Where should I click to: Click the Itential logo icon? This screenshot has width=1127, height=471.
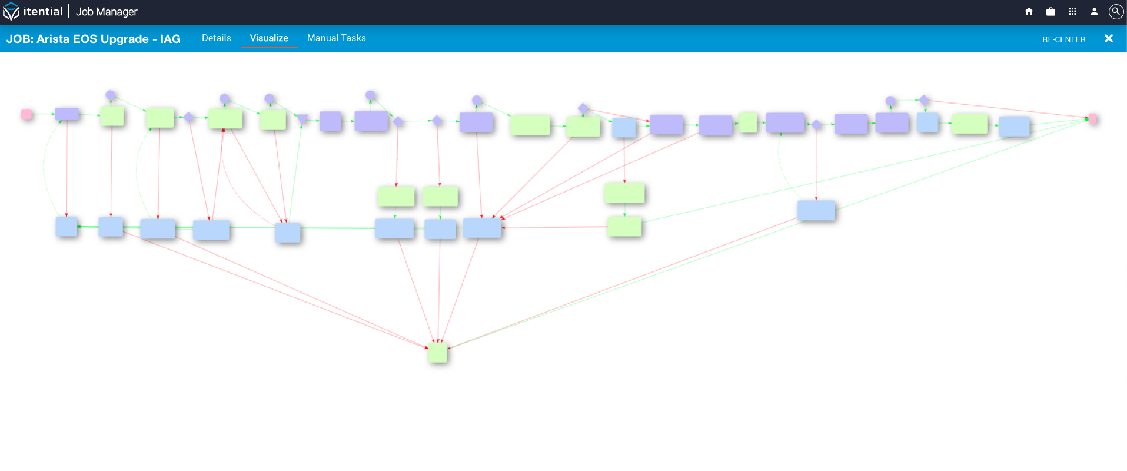point(11,11)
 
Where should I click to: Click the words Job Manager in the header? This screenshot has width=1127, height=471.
point(107,12)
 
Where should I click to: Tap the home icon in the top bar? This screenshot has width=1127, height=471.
point(1029,11)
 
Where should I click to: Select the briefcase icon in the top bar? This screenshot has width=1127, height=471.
point(1050,11)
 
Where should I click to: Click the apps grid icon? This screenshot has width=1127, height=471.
point(1072,11)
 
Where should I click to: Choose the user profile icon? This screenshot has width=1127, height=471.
point(1094,11)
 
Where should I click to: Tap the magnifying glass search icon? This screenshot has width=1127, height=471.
point(1116,12)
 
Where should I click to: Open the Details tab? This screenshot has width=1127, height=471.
point(217,38)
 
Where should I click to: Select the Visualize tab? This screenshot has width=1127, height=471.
point(269,38)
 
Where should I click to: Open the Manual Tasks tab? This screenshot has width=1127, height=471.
point(337,38)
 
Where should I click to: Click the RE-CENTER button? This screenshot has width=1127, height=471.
point(1064,39)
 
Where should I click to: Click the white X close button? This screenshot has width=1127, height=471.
point(1109,38)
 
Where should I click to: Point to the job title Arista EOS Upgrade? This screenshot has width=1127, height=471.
point(92,39)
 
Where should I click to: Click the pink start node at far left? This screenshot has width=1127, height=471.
point(26,114)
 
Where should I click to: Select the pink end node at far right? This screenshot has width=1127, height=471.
point(1092,118)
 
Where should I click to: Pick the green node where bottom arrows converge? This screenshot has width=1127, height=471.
point(438,352)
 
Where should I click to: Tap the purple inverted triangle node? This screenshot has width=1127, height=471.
point(302,119)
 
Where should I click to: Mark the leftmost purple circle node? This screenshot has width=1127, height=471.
point(111,95)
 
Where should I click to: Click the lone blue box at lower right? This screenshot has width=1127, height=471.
point(816,210)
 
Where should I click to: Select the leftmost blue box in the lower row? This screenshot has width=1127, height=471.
point(67,227)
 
